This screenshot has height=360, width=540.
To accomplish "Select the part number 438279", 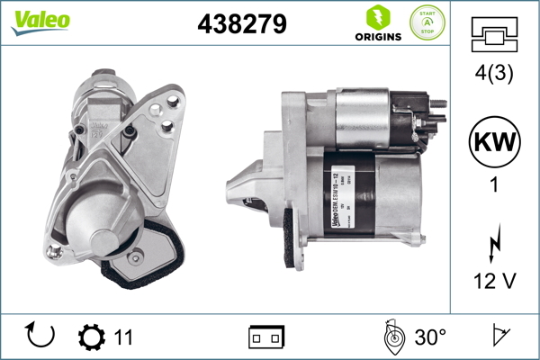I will click(x=242, y=24).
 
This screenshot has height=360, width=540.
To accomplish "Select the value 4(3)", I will click(x=493, y=76).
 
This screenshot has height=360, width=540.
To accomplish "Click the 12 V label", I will click(x=493, y=282).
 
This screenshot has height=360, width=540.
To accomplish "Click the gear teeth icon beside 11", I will click(x=92, y=337).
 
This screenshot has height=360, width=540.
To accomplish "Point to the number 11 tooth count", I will click(x=124, y=337).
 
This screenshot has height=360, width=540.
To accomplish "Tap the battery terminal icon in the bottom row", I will click(x=266, y=337).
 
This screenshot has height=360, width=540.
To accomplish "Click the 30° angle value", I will click(x=429, y=337).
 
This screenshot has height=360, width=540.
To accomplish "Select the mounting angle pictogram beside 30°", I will click(x=393, y=337).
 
